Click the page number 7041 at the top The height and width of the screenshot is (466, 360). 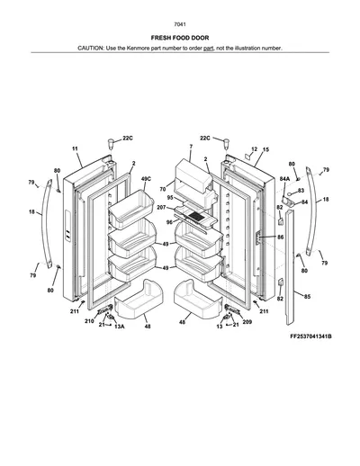coord(180,24)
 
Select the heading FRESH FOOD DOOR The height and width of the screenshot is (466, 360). coord(180,38)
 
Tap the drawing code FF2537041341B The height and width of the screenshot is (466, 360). coord(310,336)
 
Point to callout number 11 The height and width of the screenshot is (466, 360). coord(75,148)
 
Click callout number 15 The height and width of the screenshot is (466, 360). coord(265,149)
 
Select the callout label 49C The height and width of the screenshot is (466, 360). coord(146,179)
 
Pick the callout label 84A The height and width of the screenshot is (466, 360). coord(284,179)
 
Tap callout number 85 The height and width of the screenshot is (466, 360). coord(307,297)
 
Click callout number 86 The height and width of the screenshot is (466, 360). coord(280,237)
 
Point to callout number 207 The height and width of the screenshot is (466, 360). coord(161,207)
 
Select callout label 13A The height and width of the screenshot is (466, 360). coord(120,327)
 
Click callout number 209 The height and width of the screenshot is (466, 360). coord(247,322)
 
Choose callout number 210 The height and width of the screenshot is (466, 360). coord(89,321)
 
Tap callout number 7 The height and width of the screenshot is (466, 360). coord(191,147)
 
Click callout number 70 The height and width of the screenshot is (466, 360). coord(163,189)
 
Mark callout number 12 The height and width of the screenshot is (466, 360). coord(254,149)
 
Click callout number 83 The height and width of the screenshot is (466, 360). coord(301,191)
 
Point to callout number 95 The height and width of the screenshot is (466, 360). coord(170,198)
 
